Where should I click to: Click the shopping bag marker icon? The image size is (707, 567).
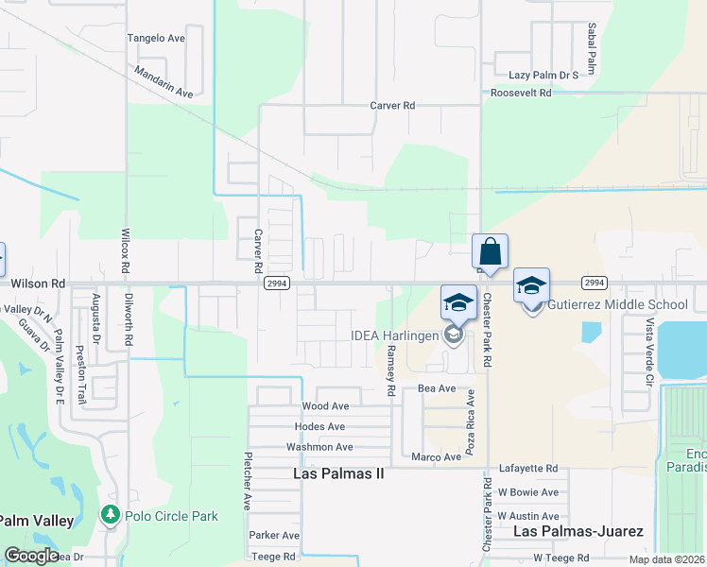click(491, 252)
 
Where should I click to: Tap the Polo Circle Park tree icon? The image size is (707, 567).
click(111, 516)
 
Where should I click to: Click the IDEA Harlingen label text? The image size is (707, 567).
click(394, 336)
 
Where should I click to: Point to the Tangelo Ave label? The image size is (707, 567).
click(156, 39)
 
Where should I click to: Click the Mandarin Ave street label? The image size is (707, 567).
click(164, 82)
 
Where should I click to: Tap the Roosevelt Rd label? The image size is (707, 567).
click(521, 94)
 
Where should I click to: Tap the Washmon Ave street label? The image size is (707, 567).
click(319, 447)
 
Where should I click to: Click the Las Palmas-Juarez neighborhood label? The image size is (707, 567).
click(578, 532)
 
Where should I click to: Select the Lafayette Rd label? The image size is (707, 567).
click(528, 468)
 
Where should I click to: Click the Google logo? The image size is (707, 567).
click(31, 556)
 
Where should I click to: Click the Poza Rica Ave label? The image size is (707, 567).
click(470, 415)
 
